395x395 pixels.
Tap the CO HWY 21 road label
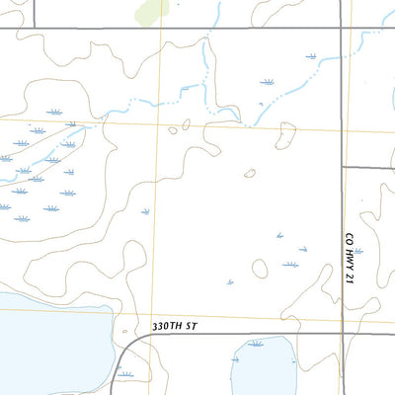tap(349, 259)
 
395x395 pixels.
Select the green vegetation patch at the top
tap(152, 11)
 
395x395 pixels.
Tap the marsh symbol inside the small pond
tap(257, 344)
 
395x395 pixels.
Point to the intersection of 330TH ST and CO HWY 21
tap(343, 334)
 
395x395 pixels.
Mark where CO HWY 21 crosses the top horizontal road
tap(343, 28)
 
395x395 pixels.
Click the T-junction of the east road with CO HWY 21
tap(343, 168)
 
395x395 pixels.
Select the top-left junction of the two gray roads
tap(35, 28)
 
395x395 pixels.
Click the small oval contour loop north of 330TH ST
tap(260, 268)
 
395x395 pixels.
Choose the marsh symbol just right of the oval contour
tap(290, 265)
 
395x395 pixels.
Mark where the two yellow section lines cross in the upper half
tap(162, 124)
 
